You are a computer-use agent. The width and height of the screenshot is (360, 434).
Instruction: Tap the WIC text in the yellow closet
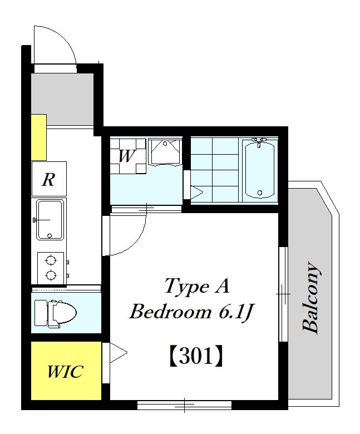click(x=65, y=372)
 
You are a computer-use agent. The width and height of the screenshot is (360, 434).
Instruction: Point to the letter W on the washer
click(x=127, y=156)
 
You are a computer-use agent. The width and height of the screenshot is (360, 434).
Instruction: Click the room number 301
click(x=196, y=356)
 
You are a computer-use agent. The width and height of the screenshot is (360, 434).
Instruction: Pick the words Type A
click(x=197, y=285)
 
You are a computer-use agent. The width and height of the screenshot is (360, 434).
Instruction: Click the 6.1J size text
click(x=236, y=312)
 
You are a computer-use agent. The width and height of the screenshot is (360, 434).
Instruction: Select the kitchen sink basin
click(x=50, y=219)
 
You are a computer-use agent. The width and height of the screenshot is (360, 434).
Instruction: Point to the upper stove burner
click(x=51, y=260)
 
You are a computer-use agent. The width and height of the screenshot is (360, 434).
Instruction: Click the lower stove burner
click(x=51, y=275)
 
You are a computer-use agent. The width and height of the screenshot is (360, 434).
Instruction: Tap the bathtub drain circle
click(x=259, y=193)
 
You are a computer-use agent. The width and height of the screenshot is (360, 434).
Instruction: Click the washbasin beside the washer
click(x=165, y=152)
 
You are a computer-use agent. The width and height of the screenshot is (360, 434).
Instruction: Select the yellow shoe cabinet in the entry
click(x=39, y=137)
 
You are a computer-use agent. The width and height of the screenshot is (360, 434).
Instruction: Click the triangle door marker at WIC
click(x=119, y=353)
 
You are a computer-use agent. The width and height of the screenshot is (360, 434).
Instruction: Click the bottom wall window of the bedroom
click(x=184, y=405)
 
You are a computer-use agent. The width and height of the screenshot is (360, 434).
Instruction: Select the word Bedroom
click(x=170, y=312)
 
